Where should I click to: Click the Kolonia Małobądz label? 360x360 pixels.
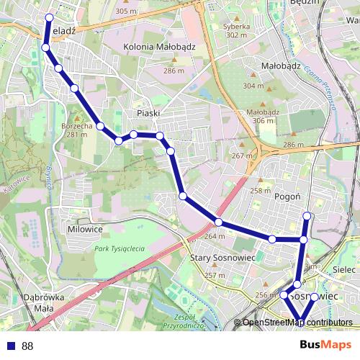159,47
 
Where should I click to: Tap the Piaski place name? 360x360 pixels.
148,113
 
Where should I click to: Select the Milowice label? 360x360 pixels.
85,229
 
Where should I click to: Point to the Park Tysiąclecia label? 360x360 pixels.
120,248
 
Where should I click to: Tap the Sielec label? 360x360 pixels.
346,268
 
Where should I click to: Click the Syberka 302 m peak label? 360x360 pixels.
237,30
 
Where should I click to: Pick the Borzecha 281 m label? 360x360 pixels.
77,130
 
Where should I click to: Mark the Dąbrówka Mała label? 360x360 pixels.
44,302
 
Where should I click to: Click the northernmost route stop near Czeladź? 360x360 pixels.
49,17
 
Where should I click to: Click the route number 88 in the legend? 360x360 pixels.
27,346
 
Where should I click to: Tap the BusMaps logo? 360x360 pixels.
326,345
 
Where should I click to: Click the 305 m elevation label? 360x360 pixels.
125,12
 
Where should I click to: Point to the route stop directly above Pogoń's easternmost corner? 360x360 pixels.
307,215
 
